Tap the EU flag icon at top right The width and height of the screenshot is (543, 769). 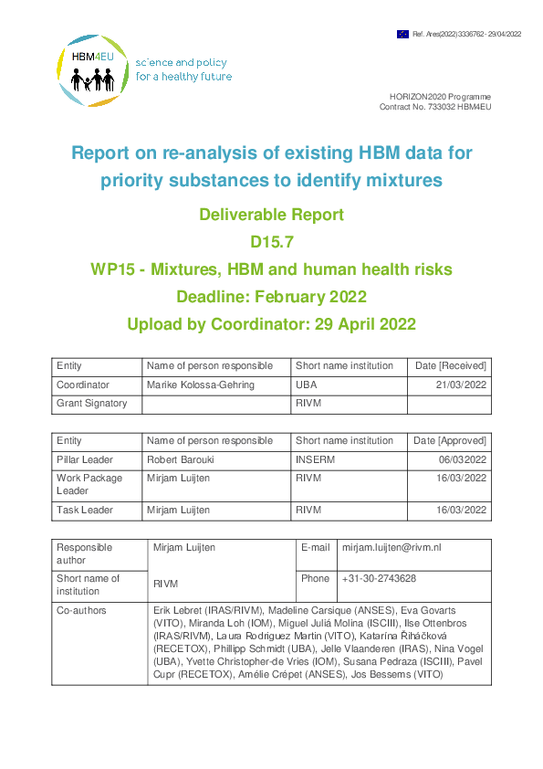[x=402, y=34]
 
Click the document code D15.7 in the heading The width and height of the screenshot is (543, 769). [x=271, y=243]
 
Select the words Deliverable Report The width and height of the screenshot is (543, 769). [x=271, y=216]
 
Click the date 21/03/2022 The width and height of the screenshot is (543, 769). [x=463, y=385]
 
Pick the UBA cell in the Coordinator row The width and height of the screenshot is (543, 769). [x=307, y=385]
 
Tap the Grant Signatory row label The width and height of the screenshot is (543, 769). [x=92, y=403]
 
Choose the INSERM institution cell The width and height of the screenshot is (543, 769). [x=315, y=459]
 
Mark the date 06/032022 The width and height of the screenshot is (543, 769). [x=463, y=459]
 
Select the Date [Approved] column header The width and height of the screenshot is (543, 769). [x=450, y=440]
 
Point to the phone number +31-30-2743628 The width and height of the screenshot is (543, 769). [x=380, y=578]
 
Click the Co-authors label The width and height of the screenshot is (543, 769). [x=81, y=609]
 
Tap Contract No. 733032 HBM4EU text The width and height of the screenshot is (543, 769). [x=434, y=107]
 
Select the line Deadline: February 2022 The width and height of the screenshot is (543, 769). [x=271, y=297]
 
